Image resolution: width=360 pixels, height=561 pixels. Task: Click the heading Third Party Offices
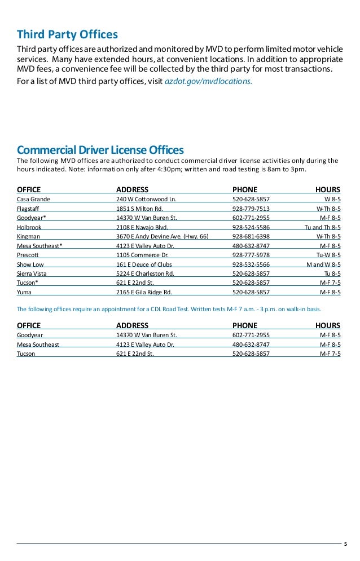click(x=67, y=34)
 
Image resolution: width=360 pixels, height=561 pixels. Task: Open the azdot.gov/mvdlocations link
click(x=208, y=81)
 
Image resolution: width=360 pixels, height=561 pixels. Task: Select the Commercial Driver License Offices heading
click(x=100, y=150)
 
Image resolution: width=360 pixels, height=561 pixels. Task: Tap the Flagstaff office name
click(x=28, y=209)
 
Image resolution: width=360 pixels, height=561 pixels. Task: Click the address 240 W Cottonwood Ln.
click(x=146, y=200)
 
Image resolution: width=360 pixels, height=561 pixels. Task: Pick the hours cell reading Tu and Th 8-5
click(x=319, y=227)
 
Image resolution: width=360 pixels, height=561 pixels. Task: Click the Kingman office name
click(x=28, y=236)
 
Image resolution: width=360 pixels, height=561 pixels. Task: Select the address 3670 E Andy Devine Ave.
click(x=162, y=236)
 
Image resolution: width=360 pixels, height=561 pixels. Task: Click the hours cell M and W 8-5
click(x=323, y=264)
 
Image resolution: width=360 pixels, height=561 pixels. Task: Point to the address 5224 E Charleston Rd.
click(x=145, y=273)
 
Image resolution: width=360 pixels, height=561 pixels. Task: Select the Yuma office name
click(x=24, y=292)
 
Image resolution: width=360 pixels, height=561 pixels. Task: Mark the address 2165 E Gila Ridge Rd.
click(x=144, y=292)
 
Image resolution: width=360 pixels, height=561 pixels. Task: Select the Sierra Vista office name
click(x=32, y=273)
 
